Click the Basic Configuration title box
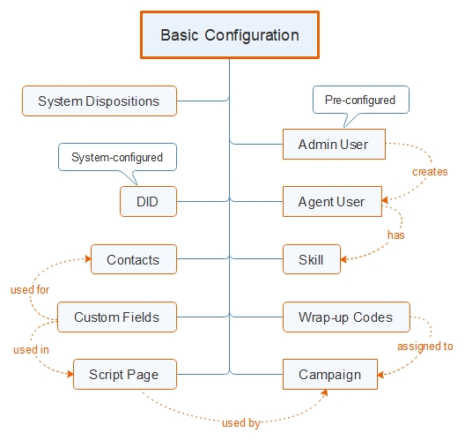coord(229,36)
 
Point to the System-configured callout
coord(117,158)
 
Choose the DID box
coord(148,202)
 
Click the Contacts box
coord(133,260)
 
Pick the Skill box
coord(310,260)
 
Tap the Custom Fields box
coord(116,317)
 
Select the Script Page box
coord(124,375)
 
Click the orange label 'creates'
coord(430,172)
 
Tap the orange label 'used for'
coord(29,290)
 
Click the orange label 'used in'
coord(31,350)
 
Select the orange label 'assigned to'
coord(424,347)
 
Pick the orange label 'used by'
coord(241,423)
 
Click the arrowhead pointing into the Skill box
coord(343,260)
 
